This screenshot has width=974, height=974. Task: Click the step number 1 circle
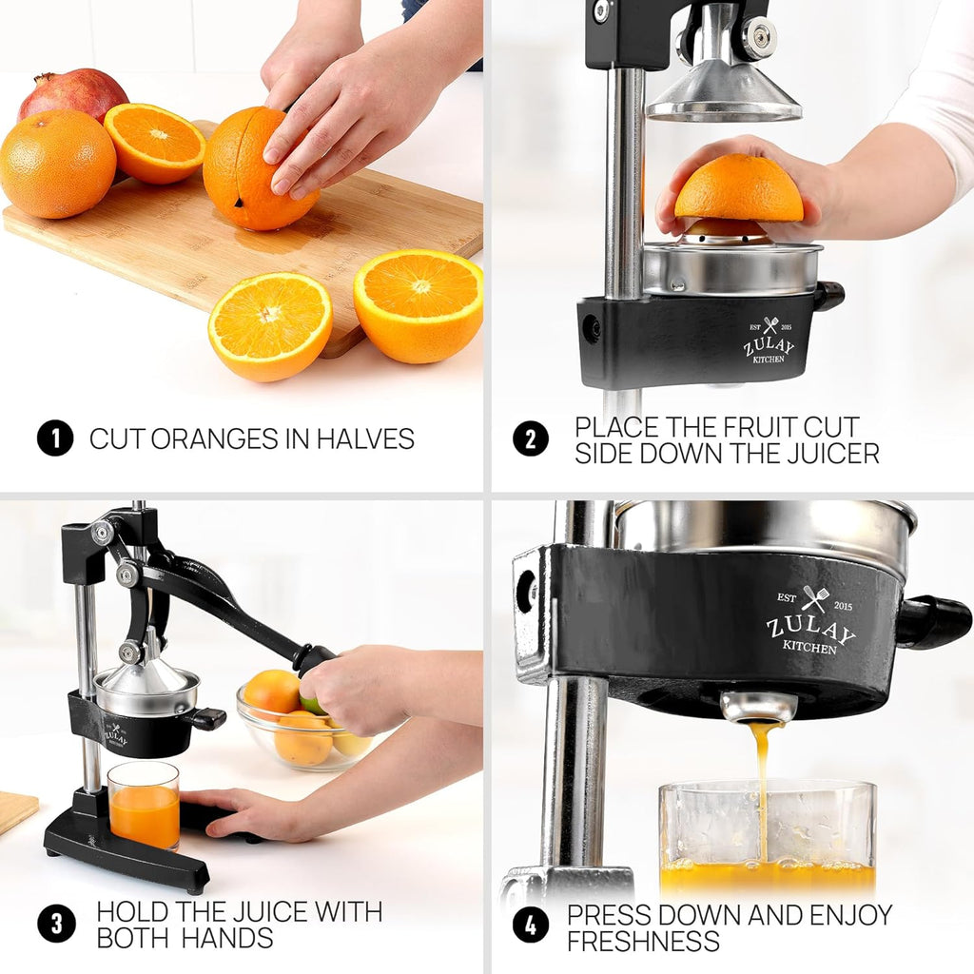tap(55, 438)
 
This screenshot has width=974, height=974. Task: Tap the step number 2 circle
tap(531, 438)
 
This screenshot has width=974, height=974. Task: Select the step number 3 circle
tap(55, 924)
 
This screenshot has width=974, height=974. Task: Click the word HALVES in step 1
tap(365, 439)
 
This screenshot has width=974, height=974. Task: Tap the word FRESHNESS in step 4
tap(643, 942)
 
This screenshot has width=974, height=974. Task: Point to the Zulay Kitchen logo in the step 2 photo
tap(769, 341)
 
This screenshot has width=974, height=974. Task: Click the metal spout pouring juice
tap(758, 706)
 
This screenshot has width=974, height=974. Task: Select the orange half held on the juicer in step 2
tap(738, 191)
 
